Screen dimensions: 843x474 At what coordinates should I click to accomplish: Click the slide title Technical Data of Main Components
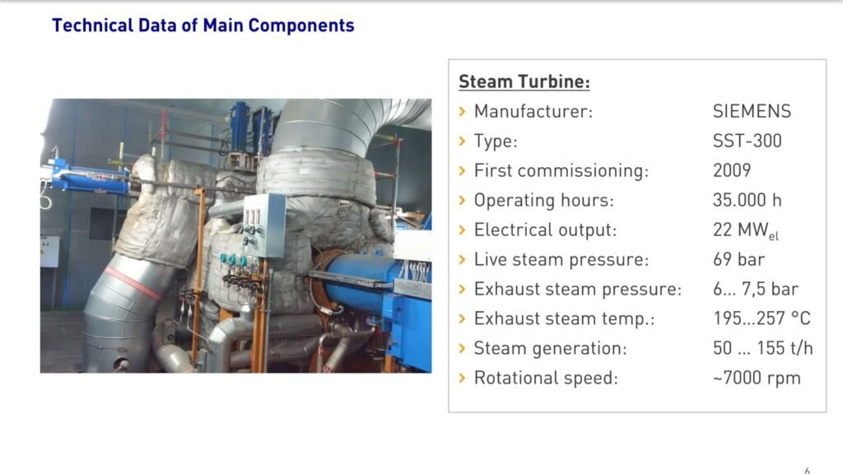point(203,26)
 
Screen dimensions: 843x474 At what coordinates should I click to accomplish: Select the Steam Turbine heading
point(524,81)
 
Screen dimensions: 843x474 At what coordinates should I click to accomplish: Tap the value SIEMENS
point(752,111)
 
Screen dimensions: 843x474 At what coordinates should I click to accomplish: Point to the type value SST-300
point(747,141)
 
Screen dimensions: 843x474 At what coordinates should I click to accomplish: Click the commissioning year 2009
point(732,170)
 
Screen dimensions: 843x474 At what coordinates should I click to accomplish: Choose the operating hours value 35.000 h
point(747,200)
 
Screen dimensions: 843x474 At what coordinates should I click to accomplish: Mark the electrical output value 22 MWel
point(746,230)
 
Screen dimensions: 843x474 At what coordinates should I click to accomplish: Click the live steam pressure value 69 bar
point(738,259)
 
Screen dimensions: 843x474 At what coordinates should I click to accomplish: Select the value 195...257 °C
point(761,318)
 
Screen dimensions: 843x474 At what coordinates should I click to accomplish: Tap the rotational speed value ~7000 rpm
point(757,378)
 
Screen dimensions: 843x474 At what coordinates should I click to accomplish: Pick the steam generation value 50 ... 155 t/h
point(763,348)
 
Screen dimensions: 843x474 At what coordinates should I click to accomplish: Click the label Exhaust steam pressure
point(577,289)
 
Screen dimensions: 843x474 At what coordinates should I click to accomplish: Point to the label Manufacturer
point(533,111)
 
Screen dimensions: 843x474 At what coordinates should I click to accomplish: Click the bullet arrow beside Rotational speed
point(463,378)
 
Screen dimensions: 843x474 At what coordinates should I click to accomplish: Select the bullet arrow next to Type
point(463,141)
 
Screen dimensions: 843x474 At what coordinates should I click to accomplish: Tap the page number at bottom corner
point(807,471)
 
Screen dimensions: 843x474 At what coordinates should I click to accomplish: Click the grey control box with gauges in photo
point(264,225)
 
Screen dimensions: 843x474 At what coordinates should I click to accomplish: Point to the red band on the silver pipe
point(133,283)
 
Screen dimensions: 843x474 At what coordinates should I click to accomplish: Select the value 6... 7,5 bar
point(756,289)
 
